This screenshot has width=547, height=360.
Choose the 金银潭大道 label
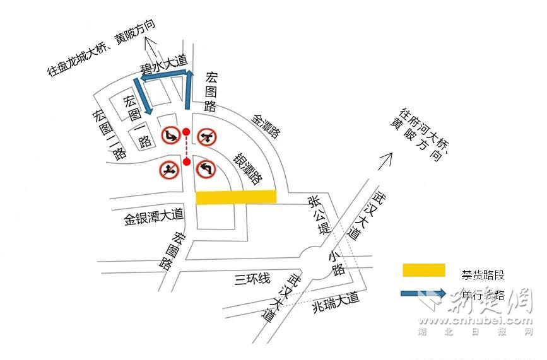[x=153, y=218]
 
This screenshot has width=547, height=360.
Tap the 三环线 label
[x=252, y=278]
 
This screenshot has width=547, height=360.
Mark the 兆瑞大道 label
[x=335, y=303]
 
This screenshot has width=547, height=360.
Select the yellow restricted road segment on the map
[x=236, y=197]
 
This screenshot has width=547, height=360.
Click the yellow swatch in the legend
[x=424, y=270]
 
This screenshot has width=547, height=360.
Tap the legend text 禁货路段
[x=483, y=274]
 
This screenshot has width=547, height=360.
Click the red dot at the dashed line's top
[x=186, y=132]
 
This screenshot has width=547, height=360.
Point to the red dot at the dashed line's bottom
[x=186, y=162]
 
